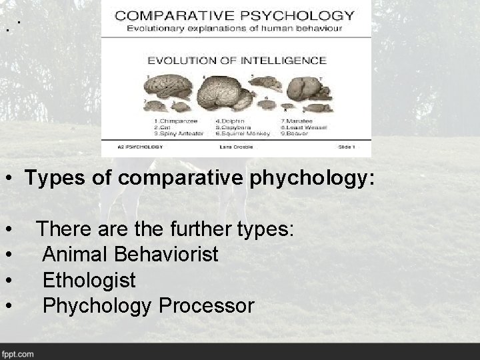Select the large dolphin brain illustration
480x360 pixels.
pos(223,89)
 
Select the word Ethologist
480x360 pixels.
pos(89,280)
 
